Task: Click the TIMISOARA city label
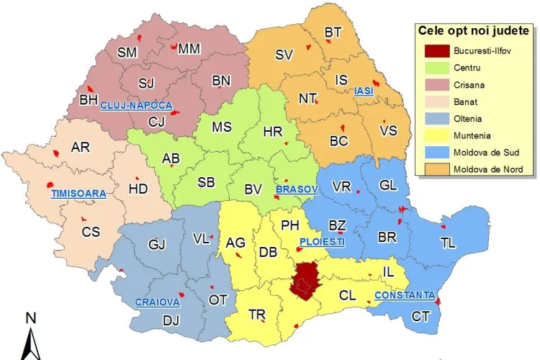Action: pos(78,194)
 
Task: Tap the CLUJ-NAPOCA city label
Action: pos(137,105)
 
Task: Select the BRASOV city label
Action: pos(296,189)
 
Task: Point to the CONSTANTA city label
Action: pos(405,295)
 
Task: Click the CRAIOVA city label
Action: pos(157,302)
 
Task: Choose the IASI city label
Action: pos(364,91)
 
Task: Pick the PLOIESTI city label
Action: pos(322,241)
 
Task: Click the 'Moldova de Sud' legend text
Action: pos(484,153)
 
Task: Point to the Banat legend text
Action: pos(465,102)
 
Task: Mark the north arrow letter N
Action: pos(31,318)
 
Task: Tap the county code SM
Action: pos(127,52)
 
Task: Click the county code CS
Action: pos(91,232)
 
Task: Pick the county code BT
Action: pos(333,32)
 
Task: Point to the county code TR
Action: pos(257,315)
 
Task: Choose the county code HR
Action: pos(273,132)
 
